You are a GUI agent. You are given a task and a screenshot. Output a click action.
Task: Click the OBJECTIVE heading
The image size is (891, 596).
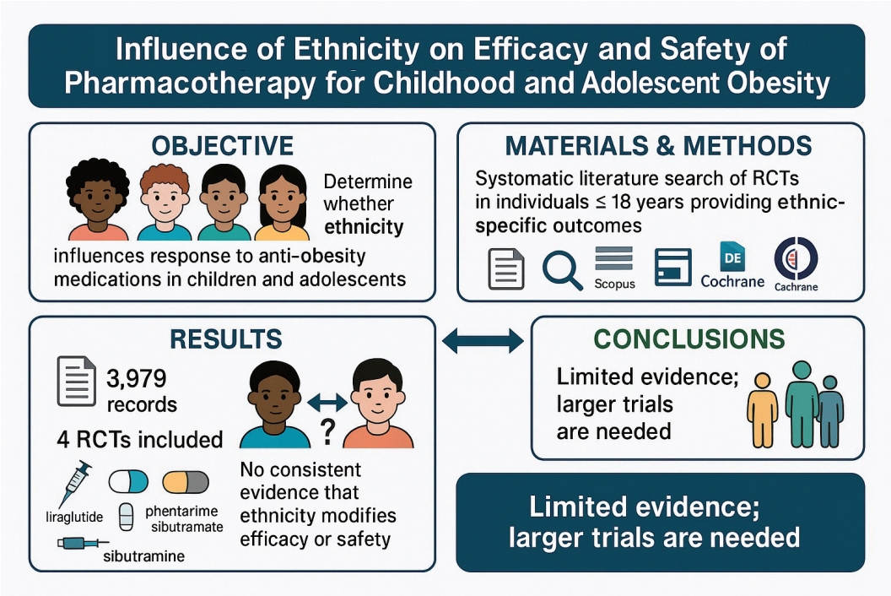[x=222, y=145]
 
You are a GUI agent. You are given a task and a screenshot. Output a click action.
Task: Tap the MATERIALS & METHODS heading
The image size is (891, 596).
[x=659, y=146]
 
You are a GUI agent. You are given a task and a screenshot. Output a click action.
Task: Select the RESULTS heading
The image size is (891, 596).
[x=225, y=339]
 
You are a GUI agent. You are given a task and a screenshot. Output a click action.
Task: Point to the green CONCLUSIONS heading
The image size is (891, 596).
[x=689, y=339]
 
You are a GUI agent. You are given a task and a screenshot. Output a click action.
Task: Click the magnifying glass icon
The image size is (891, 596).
[x=562, y=271]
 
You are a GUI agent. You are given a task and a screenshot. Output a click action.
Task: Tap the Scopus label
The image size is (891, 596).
[x=614, y=283]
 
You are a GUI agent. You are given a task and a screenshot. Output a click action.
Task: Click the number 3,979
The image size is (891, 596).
[x=137, y=379]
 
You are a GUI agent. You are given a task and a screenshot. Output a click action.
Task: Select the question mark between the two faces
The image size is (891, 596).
[x=327, y=431]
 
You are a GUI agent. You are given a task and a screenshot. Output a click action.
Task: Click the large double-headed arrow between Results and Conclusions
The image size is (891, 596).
[x=483, y=341]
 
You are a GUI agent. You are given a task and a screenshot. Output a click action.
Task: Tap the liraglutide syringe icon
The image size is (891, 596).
[x=75, y=484]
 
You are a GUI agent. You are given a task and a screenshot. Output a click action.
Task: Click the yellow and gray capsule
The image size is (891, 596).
[x=186, y=482]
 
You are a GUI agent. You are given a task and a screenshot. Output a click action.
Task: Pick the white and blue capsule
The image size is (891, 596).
[x=128, y=482]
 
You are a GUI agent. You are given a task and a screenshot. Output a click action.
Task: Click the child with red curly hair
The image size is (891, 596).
[x=165, y=203]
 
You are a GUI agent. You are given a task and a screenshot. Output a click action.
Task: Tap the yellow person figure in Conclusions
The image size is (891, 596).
[x=762, y=410]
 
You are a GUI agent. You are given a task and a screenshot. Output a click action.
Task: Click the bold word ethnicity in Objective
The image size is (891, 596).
[x=364, y=227]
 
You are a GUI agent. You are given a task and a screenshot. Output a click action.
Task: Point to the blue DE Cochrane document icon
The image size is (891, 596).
[x=732, y=257]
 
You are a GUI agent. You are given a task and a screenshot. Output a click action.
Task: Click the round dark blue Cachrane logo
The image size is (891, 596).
[x=796, y=258]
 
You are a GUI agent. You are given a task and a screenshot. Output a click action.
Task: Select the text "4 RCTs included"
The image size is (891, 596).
[x=140, y=440]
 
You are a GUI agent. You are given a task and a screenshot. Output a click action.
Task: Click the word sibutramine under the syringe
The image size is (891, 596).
[x=143, y=555]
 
